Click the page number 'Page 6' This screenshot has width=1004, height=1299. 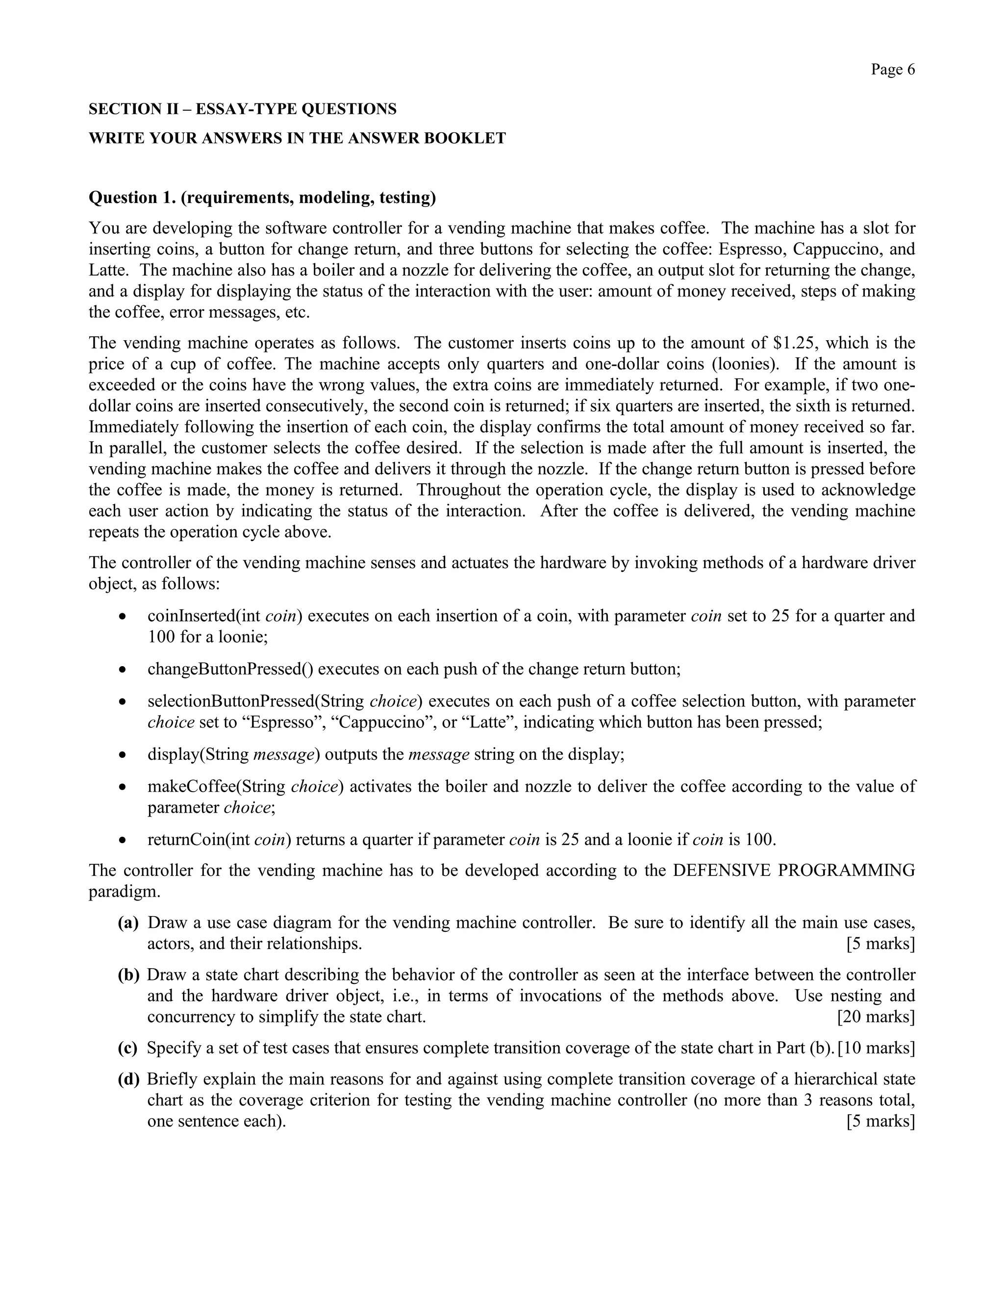tap(892, 70)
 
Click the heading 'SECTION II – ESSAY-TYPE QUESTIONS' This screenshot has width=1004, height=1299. tap(242, 109)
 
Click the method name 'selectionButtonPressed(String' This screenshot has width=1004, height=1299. tap(256, 701)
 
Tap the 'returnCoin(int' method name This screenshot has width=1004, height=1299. tap(198, 840)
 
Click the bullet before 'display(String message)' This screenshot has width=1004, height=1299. tap(122, 755)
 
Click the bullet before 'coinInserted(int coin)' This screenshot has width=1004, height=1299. tap(122, 617)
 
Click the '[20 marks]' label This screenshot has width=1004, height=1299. tap(876, 1017)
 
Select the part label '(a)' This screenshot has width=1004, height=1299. tap(128, 923)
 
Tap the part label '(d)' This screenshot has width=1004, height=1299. tap(128, 1079)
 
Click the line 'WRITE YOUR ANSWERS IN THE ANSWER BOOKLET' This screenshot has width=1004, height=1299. tap(297, 139)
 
